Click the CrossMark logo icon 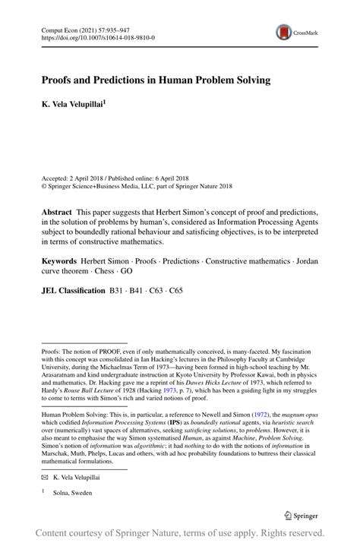coord(283,32)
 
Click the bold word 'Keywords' coord(60,261)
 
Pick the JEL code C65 coord(175,289)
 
